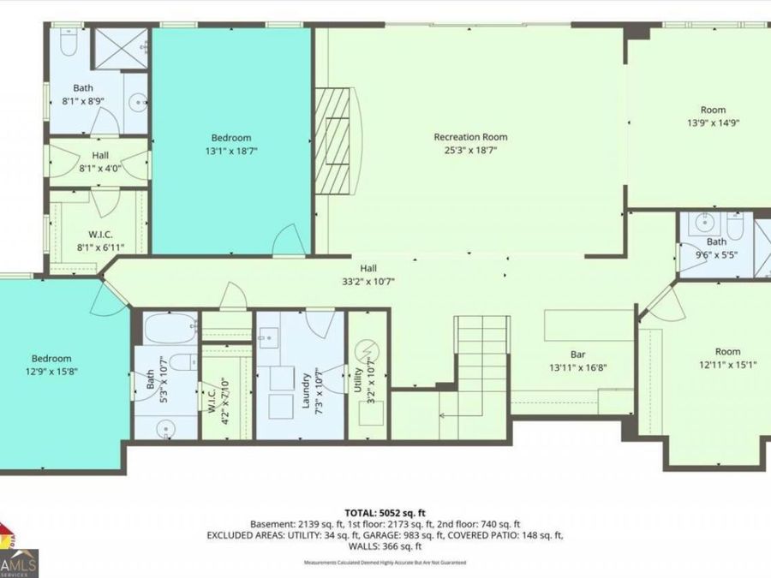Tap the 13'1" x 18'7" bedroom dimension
[231, 151]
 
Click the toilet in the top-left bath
[69, 40]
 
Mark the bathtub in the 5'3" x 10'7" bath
[165, 329]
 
